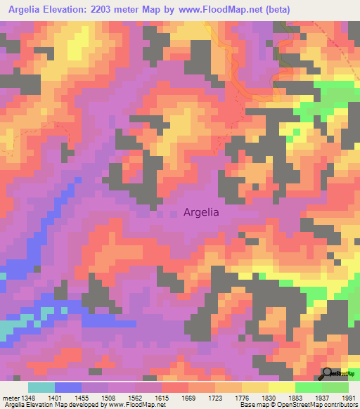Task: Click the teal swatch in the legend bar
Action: click(x=41, y=387)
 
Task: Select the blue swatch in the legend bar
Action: click(x=68, y=387)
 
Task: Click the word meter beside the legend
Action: click(x=11, y=397)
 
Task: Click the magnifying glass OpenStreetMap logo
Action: click(x=327, y=374)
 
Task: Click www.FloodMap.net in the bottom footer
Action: click(x=141, y=405)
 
